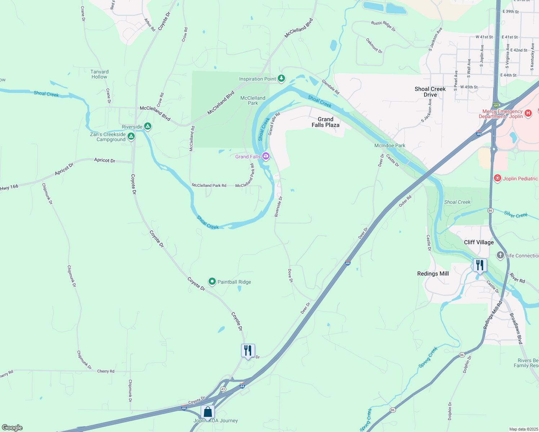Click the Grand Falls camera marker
tap(266, 156)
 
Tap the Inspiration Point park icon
tap(281, 78)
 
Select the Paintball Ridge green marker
tap(212, 282)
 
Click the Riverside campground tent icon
tap(147, 126)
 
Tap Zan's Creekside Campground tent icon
tap(131, 136)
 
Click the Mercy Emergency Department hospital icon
tap(528, 113)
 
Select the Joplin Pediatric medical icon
tap(498, 178)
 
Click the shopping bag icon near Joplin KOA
tap(208, 411)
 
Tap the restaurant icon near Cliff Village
tap(480, 265)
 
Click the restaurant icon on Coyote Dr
tap(248, 350)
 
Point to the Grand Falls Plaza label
tap(325, 122)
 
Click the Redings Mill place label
tap(433, 274)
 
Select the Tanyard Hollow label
tap(99, 74)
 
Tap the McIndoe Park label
tap(389, 145)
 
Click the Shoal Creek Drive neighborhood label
tap(430, 92)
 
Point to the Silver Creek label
tap(516, 215)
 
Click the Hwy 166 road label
tap(9, 187)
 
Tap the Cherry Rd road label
tap(106, 371)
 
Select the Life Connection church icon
tap(500, 255)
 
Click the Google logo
tap(12, 428)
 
